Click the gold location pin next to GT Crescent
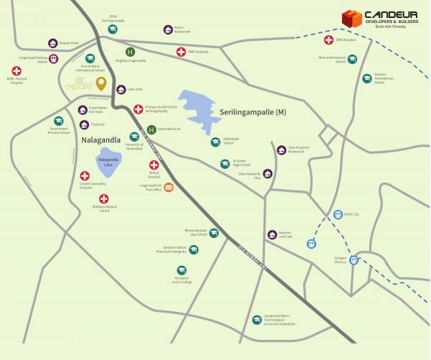click(x=101, y=84)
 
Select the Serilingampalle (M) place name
click(x=255, y=114)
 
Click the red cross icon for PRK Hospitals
click(x=181, y=52)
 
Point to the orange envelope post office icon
click(x=169, y=188)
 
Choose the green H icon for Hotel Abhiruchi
click(x=152, y=129)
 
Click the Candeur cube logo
click(x=351, y=19)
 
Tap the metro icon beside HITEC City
click(x=338, y=214)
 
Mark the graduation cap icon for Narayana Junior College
click(x=182, y=270)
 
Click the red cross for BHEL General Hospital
click(x=17, y=70)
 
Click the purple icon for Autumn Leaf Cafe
click(x=272, y=234)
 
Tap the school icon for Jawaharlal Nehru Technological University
click(x=256, y=320)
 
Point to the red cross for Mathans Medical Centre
click(x=104, y=199)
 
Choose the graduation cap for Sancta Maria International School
click(x=90, y=59)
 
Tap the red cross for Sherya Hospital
click(x=154, y=165)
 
